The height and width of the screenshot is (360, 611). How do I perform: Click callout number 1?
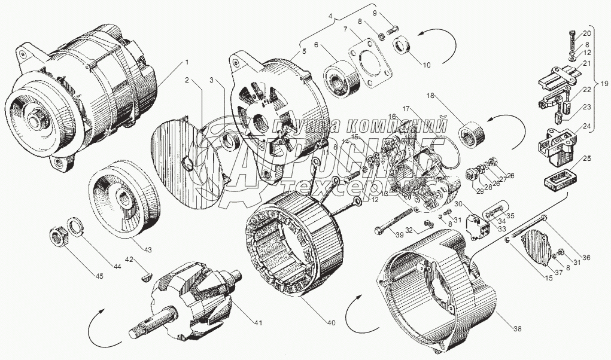(x=186, y=62)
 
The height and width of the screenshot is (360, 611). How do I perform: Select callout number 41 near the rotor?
(x=258, y=324)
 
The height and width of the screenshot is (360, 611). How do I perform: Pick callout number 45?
(x=99, y=276)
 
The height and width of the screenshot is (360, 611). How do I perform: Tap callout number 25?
(x=586, y=159)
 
